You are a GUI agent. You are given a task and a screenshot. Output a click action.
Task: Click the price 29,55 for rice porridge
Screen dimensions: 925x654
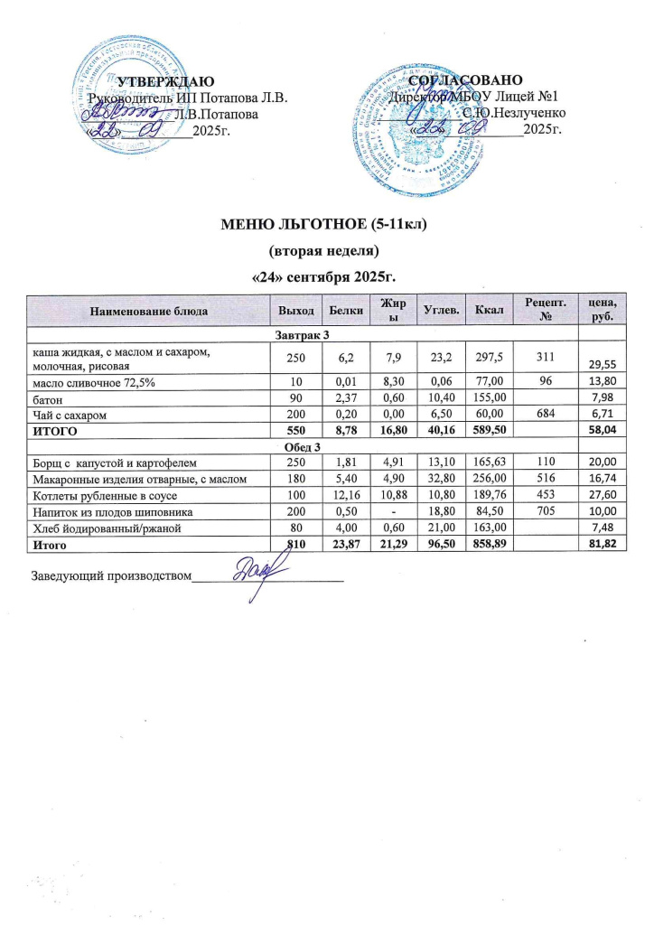pyautogui.click(x=601, y=364)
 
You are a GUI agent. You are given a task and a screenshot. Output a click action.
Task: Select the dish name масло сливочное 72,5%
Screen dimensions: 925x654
pyautogui.click(x=87, y=385)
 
